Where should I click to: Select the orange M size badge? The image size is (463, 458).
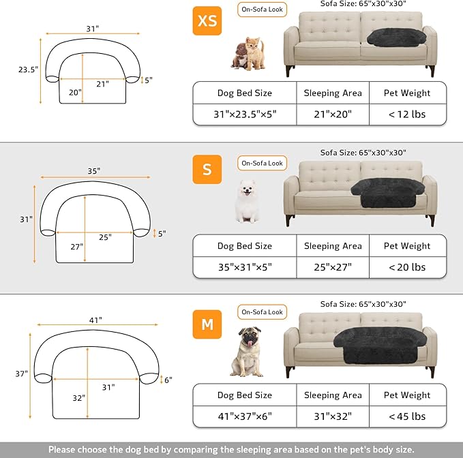207,324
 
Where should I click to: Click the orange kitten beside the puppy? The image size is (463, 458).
256,52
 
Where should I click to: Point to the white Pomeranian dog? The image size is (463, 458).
247,201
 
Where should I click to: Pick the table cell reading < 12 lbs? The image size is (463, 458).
407,114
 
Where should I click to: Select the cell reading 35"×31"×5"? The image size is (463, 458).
244,267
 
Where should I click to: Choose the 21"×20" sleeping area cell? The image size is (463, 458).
333,114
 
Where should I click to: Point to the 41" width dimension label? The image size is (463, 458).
95,320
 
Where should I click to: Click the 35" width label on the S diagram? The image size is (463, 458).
93,170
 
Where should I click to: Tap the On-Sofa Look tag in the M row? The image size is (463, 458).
262,312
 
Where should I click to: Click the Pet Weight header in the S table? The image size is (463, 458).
407,246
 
